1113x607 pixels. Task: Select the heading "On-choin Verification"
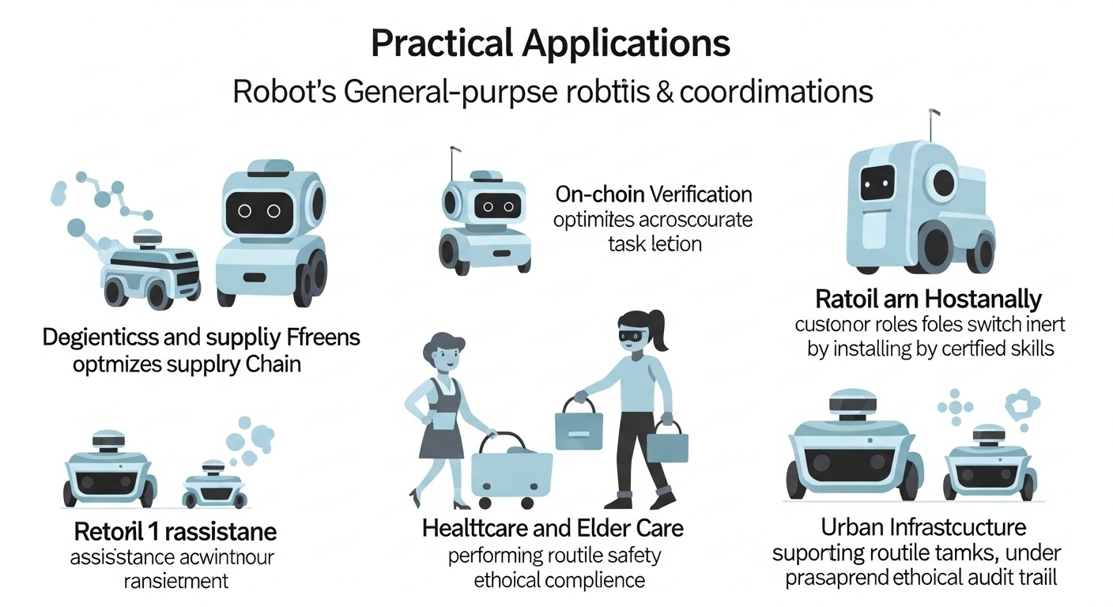coord(654,194)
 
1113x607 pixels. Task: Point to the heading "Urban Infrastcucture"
coord(922,526)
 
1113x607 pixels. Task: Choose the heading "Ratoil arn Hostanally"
coord(928,300)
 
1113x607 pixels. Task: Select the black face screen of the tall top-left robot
coord(258,210)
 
